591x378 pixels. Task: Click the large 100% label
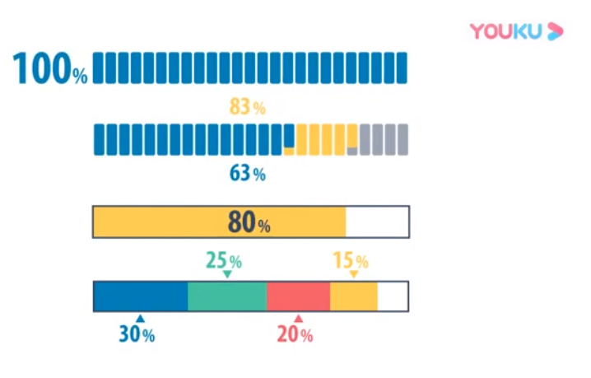coord(50,69)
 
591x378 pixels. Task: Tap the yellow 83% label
coord(247,107)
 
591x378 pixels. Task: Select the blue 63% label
coord(247,174)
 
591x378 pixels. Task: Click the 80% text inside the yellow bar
coord(249,222)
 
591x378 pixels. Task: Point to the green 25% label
coord(223,261)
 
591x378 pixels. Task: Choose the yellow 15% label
coord(350,261)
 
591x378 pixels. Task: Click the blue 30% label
coord(137,334)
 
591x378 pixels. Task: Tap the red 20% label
coord(295,334)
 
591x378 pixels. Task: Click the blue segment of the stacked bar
coord(141,296)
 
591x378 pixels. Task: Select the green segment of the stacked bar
coord(227,296)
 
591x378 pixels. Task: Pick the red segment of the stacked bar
coord(298,296)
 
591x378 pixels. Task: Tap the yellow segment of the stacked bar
coord(353,296)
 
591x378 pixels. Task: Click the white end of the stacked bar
coord(392,296)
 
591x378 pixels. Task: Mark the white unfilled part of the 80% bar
coord(376,222)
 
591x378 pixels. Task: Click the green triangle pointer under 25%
coord(228,275)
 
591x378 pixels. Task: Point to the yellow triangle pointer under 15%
coord(354,274)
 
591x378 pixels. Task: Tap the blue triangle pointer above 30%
coord(140,319)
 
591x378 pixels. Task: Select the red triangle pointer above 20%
coord(298,319)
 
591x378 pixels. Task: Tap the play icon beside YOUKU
coord(556,32)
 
